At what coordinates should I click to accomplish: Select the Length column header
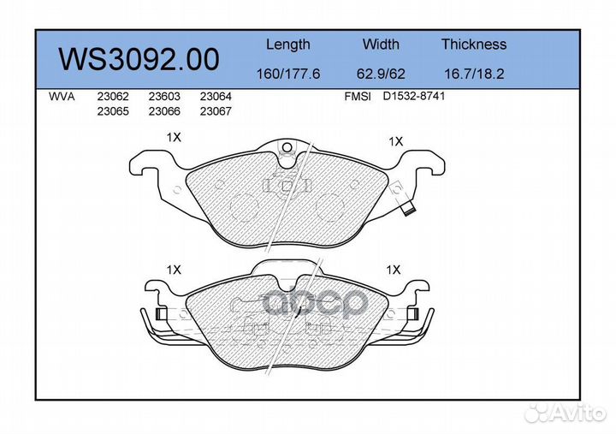tap(287, 45)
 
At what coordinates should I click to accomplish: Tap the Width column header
tap(380, 45)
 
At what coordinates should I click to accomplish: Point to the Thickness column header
tap(473, 45)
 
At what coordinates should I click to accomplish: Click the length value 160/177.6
tap(287, 74)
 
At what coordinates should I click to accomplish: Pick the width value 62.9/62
tap(380, 74)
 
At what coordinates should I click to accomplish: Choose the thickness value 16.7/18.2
tap(473, 74)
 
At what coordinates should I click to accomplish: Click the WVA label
tap(62, 97)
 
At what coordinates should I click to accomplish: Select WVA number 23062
tap(112, 97)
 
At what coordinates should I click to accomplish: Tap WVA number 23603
tap(163, 97)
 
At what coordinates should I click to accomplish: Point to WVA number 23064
tap(216, 97)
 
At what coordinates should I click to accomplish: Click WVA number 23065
tap(112, 110)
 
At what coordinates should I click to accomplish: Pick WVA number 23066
tap(163, 110)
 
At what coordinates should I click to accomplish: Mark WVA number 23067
tap(216, 110)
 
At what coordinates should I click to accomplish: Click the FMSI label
tap(357, 97)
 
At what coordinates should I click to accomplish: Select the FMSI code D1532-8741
tap(414, 97)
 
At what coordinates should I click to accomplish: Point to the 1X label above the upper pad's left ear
tap(174, 137)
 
